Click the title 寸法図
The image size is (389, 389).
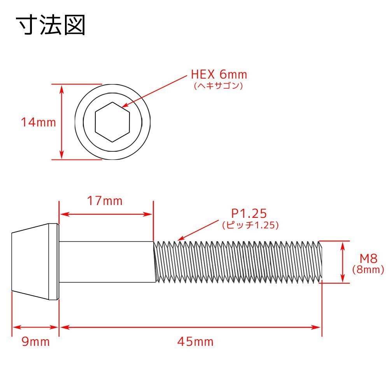coord(51,25)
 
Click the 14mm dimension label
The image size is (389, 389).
coord(39,122)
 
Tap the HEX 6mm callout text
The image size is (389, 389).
coord(219,74)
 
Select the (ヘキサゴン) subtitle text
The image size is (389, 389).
coord(218,86)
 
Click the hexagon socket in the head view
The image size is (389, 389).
coord(112,122)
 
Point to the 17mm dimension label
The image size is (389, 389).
coord(105,201)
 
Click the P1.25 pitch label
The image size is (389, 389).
coord(249,213)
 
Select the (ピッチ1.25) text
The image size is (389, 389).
coord(250,225)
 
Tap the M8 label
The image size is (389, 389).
coord(368,259)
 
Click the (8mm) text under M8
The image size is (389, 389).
coord(368,270)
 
